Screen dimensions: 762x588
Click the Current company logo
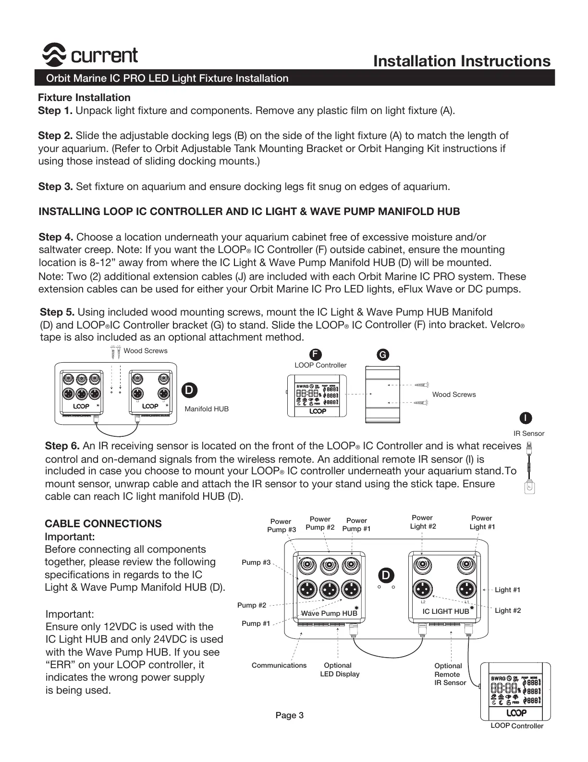(x=90, y=56)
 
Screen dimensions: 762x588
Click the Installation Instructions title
(x=461, y=61)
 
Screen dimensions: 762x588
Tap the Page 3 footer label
(x=289, y=715)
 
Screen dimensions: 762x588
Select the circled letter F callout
(x=314, y=355)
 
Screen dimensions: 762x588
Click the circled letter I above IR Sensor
(x=526, y=418)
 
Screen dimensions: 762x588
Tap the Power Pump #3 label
(x=281, y=525)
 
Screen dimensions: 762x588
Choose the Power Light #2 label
(x=423, y=522)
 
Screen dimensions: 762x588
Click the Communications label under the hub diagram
(x=279, y=665)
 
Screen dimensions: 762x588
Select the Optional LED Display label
(x=339, y=670)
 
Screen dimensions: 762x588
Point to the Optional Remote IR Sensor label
(x=450, y=674)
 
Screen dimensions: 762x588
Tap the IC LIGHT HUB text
(x=445, y=611)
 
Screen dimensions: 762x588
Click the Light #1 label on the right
(x=507, y=590)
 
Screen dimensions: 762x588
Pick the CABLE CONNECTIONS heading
(x=103, y=524)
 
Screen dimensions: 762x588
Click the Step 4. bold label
(x=56, y=237)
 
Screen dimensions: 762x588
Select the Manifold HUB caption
(x=207, y=409)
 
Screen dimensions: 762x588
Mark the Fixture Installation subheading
(x=84, y=98)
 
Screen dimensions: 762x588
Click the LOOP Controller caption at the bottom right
(x=517, y=726)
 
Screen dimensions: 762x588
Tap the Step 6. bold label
(x=62, y=446)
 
